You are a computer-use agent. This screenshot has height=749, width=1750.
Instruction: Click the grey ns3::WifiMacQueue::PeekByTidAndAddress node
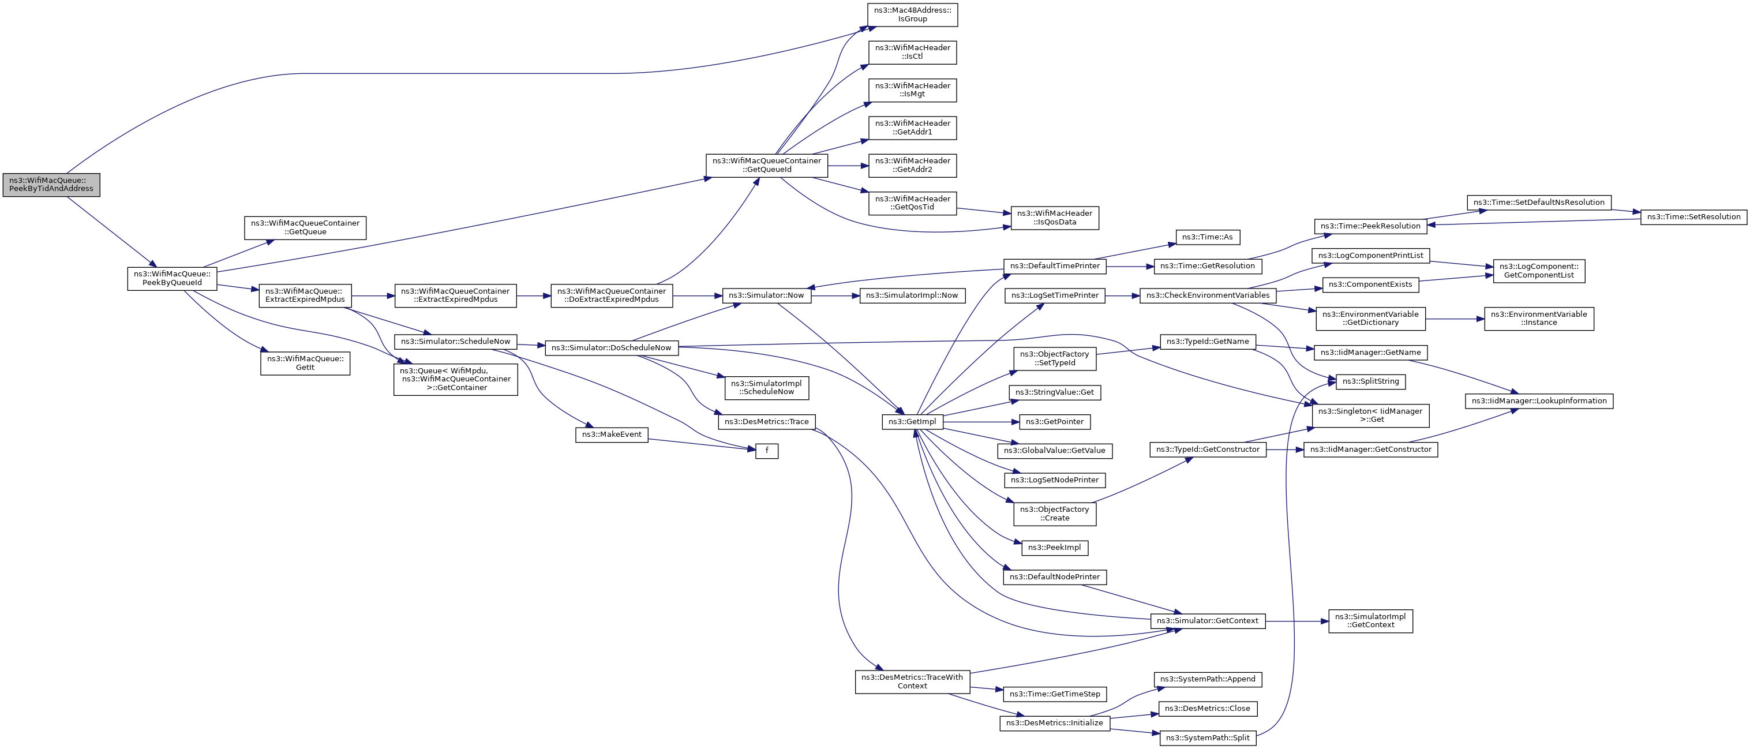pos(51,185)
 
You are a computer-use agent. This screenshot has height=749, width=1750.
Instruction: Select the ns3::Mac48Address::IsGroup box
pos(912,15)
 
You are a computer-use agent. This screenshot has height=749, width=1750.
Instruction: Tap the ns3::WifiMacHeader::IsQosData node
pos(1054,218)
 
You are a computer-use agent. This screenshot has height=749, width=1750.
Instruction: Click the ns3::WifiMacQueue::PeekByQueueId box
pos(172,279)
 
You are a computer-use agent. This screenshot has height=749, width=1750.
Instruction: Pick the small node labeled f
pos(766,451)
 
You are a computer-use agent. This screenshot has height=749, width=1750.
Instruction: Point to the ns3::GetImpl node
pos(912,422)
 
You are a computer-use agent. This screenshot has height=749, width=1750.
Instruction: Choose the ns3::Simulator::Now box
pos(766,295)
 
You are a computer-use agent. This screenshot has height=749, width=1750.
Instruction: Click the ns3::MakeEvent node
pos(612,435)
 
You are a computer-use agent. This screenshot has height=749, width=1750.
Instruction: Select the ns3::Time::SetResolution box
pos(1693,217)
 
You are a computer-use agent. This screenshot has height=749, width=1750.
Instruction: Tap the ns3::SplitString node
pos(1370,381)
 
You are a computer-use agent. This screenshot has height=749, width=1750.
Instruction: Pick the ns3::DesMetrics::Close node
pos(1207,708)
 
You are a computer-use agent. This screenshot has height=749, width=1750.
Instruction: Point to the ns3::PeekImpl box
pos(1054,548)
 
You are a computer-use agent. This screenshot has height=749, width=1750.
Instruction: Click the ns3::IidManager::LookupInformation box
pos(1538,401)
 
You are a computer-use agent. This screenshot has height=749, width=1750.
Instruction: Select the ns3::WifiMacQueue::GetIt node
pos(305,363)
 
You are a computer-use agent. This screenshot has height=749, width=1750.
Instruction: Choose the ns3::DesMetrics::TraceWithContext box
pos(912,681)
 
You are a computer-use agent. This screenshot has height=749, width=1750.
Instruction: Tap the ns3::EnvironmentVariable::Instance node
pos(1538,318)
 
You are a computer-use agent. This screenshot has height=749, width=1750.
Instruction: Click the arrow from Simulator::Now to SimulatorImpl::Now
pos(835,295)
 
